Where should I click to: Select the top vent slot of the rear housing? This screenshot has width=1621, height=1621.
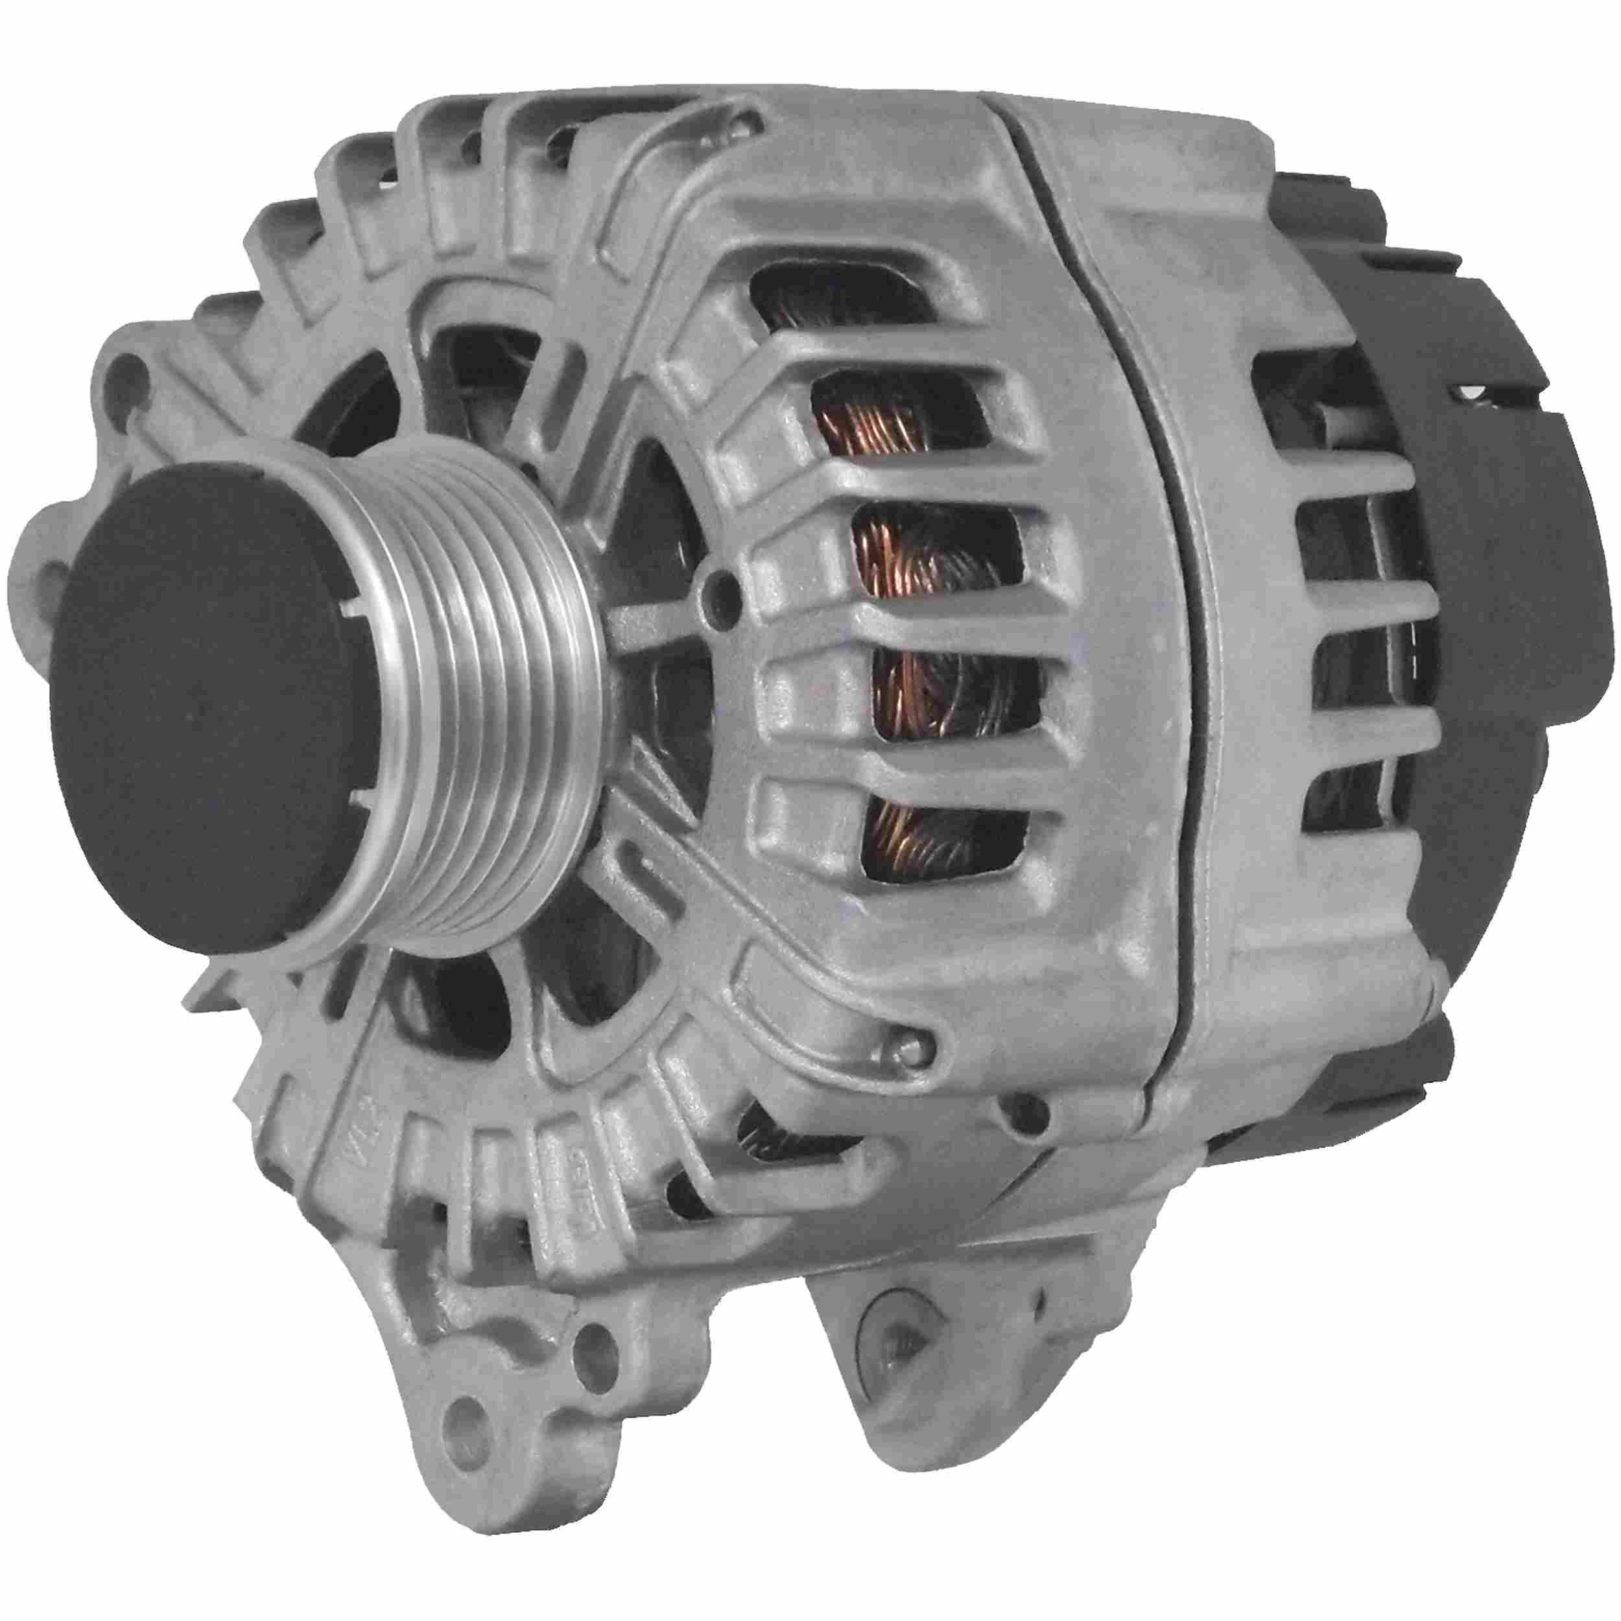click(x=1309, y=386)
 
